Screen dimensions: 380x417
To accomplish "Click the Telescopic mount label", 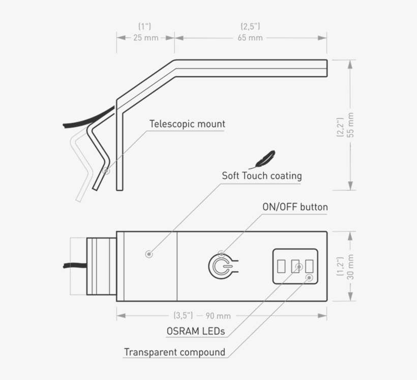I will pyautogui.click(x=187, y=124).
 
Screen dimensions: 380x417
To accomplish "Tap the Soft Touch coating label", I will pyautogui.click(x=261, y=176).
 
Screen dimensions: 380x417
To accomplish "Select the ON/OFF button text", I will pyautogui.click(x=295, y=207).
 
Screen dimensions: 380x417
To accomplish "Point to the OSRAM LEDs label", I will pyautogui.click(x=196, y=331).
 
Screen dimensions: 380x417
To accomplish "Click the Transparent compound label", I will pyautogui.click(x=174, y=352).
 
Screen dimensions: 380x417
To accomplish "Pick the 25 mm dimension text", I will pyautogui.click(x=145, y=38).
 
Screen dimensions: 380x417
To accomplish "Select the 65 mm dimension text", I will pyautogui.click(x=250, y=38).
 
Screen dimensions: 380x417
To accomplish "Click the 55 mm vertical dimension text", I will pyautogui.click(x=350, y=125).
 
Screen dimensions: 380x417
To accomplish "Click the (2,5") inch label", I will pyautogui.click(x=250, y=26).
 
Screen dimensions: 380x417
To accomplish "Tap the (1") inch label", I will pyautogui.click(x=145, y=26).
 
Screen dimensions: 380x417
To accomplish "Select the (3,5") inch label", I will pyautogui.click(x=183, y=315).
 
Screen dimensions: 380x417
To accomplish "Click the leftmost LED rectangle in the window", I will pyautogui.click(x=281, y=266).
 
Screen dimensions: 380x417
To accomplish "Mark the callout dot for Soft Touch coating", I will pyautogui.click(x=148, y=253).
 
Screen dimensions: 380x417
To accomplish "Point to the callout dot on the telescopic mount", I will pyautogui.click(x=106, y=171).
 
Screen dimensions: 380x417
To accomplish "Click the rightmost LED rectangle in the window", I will pyautogui.click(x=309, y=266).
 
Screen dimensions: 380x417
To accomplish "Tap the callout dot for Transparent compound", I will pyautogui.click(x=310, y=277).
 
